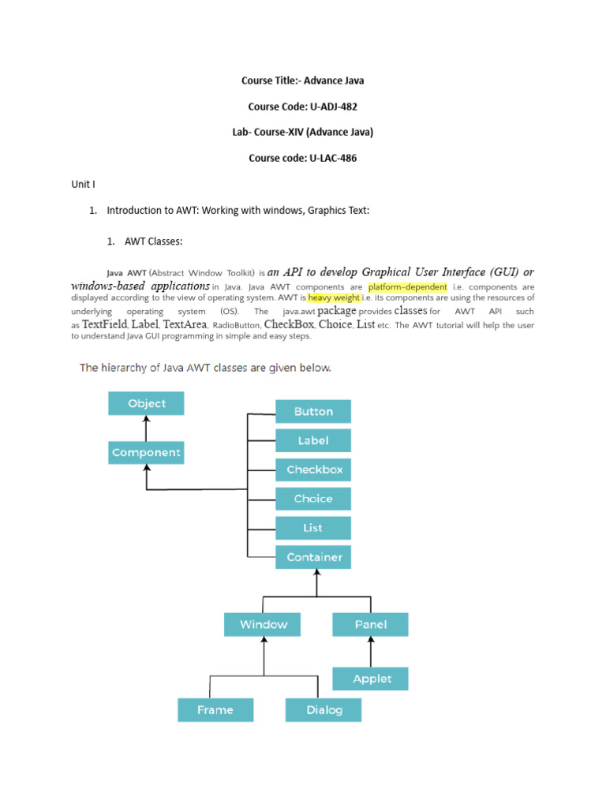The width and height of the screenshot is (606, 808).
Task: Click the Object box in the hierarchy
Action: [x=146, y=403]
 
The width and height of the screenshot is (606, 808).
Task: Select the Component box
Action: [x=146, y=453]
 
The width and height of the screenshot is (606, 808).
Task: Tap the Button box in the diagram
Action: [x=313, y=411]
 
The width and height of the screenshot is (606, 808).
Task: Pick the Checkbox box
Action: [x=313, y=469]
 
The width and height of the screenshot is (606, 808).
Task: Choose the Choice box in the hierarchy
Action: [x=313, y=499]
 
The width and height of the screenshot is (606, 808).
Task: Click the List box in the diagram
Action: [x=313, y=528]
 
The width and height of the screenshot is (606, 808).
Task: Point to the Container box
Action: [x=313, y=557]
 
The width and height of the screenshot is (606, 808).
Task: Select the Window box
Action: [x=264, y=624]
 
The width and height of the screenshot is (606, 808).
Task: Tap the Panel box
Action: [x=371, y=624]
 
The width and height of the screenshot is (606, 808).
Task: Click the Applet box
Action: [x=371, y=679]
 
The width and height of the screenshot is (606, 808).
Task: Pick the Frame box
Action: [x=215, y=709]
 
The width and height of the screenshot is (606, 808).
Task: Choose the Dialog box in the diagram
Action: [x=324, y=709]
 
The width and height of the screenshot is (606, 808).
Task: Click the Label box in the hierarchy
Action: [x=313, y=440]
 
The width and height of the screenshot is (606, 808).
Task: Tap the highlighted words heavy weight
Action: [x=335, y=297]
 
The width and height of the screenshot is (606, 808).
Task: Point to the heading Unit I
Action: [x=83, y=184]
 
